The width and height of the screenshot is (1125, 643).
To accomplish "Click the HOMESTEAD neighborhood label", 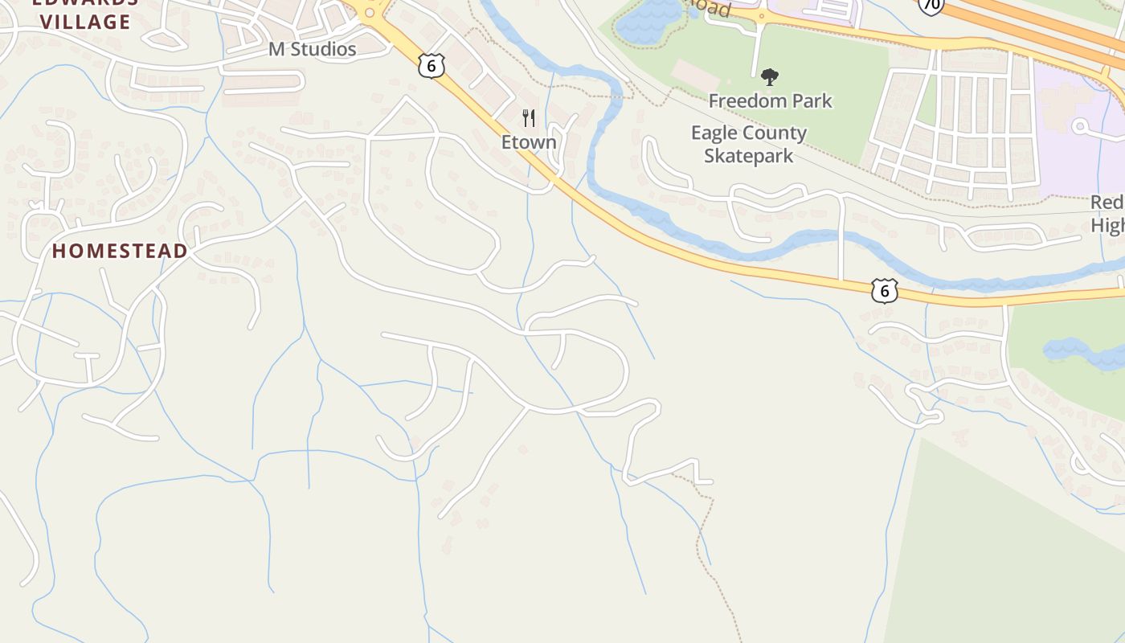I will pyautogui.click(x=120, y=251).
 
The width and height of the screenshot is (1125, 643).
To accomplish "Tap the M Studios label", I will pyautogui.click(x=312, y=49).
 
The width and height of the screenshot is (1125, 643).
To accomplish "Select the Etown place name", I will pyautogui.click(x=529, y=142).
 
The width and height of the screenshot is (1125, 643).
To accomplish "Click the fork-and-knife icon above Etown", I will pyautogui.click(x=529, y=118).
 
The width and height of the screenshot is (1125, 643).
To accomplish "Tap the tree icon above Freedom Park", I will pyautogui.click(x=770, y=77).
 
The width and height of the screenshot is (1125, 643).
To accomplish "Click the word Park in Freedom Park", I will pyautogui.click(x=812, y=100).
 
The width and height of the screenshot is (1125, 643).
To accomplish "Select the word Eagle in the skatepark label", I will pyautogui.click(x=714, y=133).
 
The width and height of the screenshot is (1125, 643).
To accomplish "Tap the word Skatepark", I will pyautogui.click(x=749, y=155).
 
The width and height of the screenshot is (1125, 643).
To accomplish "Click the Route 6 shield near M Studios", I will pyautogui.click(x=432, y=66).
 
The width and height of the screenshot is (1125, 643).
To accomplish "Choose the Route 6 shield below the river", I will pyautogui.click(x=884, y=290).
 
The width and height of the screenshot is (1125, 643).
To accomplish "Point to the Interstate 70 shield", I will pyautogui.click(x=931, y=5).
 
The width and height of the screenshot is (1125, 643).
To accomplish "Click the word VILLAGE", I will pyautogui.click(x=85, y=22).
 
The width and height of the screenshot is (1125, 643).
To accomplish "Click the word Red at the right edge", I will pyautogui.click(x=1107, y=203).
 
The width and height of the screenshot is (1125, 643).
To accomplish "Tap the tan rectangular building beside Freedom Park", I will pyautogui.click(x=696, y=74).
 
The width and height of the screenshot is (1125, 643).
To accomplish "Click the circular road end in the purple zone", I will pyautogui.click(x=1080, y=126).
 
